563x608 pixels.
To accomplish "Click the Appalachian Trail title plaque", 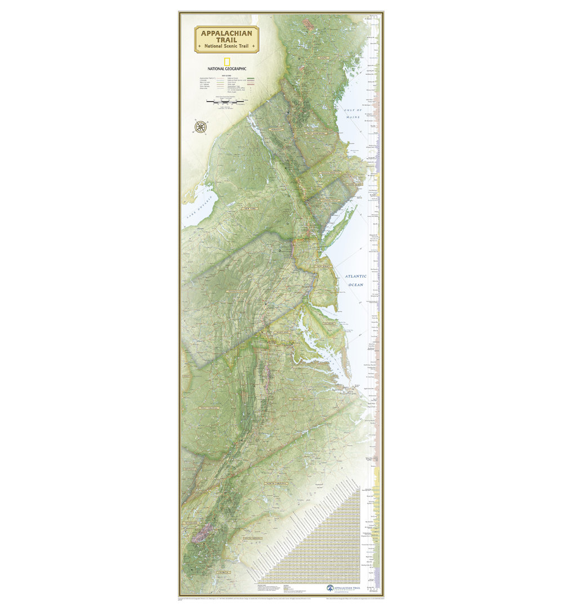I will coord(226,39).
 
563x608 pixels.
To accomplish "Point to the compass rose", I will coord(200,127).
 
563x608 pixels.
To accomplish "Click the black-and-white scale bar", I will coord(224,103).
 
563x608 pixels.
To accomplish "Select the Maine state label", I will coord(323,57).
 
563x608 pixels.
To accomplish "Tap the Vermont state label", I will coord(276,129).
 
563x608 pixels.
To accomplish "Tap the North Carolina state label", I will coord(276,483).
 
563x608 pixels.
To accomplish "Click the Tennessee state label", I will coord(190,524).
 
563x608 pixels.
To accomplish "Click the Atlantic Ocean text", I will coord(356,280).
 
